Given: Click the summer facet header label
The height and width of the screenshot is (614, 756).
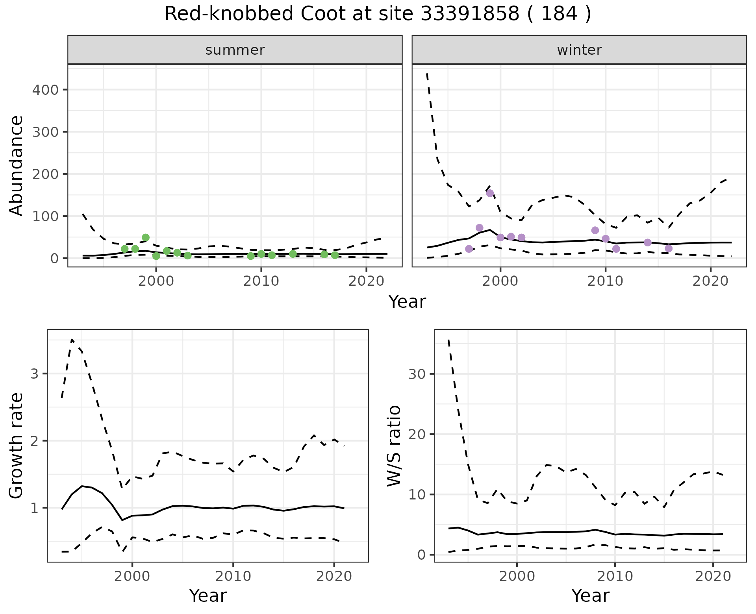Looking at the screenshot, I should tap(235, 50).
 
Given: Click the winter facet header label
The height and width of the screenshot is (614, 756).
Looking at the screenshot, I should tap(579, 50).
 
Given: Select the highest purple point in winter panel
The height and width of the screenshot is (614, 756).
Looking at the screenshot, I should tap(490, 193).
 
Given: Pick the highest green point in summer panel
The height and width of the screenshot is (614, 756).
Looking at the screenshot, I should tap(146, 237).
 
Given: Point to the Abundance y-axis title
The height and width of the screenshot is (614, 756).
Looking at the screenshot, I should tap(17, 165).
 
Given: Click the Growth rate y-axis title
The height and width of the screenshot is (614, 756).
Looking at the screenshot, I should tap(17, 446).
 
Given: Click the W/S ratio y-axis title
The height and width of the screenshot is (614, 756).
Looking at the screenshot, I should tap(394, 446).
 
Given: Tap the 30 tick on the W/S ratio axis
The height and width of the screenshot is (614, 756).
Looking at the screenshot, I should tap(417, 374).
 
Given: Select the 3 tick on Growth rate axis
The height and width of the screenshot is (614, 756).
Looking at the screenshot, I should tap(35, 374).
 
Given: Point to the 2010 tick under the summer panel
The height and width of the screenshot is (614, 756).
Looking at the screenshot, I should tap(261, 281).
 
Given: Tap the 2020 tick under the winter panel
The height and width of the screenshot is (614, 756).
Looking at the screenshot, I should tap(710, 281).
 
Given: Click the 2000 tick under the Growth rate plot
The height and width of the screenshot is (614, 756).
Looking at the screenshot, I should tap(132, 577).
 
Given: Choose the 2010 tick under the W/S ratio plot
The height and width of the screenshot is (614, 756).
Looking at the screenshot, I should tap(615, 577).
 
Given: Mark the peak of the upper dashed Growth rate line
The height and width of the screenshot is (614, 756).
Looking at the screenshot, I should tap(72, 339).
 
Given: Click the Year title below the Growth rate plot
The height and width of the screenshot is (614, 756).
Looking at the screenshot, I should tap(208, 596).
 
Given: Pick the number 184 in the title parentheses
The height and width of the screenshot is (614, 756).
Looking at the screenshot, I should tap(559, 14).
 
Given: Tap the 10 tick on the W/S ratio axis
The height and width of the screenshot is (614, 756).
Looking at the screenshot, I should tap(417, 495).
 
